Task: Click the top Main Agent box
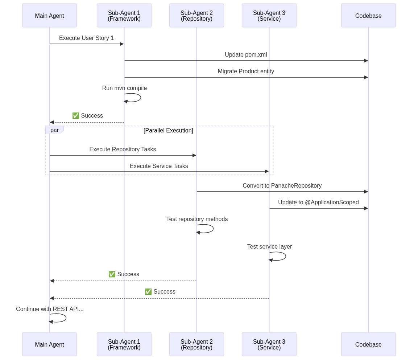click(x=49, y=16)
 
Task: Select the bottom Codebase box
click(x=368, y=344)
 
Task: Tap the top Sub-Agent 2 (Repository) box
click(x=196, y=16)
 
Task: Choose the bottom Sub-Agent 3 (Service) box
click(x=269, y=344)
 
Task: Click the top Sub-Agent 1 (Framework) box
click(x=124, y=16)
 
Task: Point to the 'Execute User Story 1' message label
click(x=86, y=38)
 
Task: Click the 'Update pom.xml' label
click(x=246, y=55)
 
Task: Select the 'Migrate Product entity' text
click(x=246, y=71)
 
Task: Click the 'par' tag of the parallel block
click(x=54, y=130)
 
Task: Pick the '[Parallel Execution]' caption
click(x=168, y=131)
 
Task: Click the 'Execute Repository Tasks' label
click(x=123, y=150)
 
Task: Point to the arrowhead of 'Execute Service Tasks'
click(x=267, y=171)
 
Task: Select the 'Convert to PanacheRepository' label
click(x=282, y=185)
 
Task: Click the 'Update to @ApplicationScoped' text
click(x=318, y=202)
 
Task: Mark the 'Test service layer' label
click(x=269, y=247)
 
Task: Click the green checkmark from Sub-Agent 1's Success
click(x=76, y=115)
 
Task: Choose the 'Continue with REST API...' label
click(x=50, y=309)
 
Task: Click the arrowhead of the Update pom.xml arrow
click(x=366, y=61)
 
